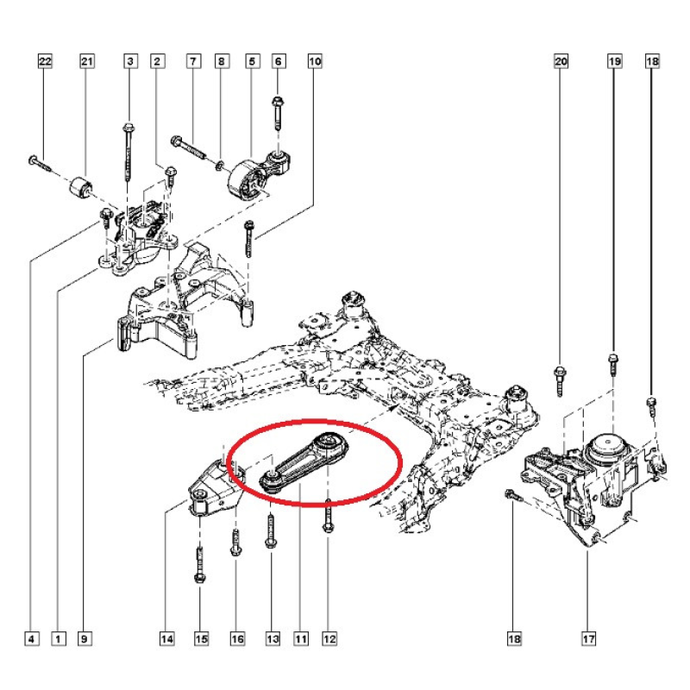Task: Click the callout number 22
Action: pos(45,61)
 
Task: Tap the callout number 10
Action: pos(315,61)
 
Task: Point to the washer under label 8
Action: pos(222,161)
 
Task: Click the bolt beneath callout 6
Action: pos(277,112)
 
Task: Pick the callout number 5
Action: pos(253,61)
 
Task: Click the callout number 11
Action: pos(300,639)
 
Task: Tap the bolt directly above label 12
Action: pos(329,518)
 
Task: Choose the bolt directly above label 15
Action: pos(199,564)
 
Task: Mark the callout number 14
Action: pos(166,639)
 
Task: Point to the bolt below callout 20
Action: pos(558,379)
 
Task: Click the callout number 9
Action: pos(85,639)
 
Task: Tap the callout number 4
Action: pos(31,639)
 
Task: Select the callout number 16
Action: pos(237,639)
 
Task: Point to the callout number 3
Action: pos(130,61)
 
